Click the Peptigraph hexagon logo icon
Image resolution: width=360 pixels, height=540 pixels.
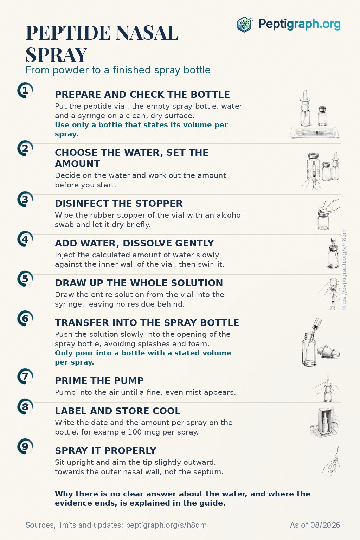point(245,24)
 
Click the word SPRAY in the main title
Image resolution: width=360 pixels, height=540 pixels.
point(56,55)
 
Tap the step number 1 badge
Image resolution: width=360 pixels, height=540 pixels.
point(25,91)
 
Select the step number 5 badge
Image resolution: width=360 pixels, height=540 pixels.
point(25,279)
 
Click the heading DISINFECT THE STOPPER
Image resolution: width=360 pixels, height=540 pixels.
point(118,204)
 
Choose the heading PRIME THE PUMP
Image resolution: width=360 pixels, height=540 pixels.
point(99,381)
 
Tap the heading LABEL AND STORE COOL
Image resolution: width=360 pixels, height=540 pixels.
point(118,411)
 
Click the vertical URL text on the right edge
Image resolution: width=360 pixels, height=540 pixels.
point(344,270)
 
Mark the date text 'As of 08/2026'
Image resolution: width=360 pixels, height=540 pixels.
point(315,525)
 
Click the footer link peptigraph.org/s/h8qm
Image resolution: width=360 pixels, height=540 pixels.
point(166,525)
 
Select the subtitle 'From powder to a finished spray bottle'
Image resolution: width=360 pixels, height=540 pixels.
point(118,70)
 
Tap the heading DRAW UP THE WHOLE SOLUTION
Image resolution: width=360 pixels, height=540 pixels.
point(139,283)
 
